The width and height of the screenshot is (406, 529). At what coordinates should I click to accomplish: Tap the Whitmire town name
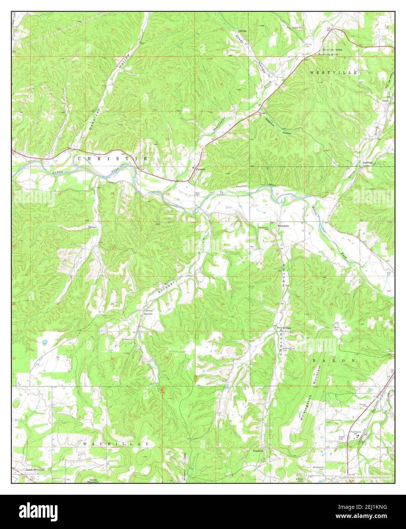283,226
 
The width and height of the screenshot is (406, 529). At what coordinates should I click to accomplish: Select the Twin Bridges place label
283,328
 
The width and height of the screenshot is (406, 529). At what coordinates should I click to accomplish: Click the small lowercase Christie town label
201,169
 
